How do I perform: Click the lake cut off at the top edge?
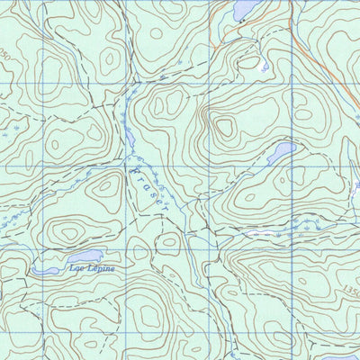tap(244, 9)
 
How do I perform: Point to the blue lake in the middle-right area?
tap(280, 152)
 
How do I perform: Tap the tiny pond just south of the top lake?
tap(263, 67)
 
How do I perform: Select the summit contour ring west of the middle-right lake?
tap(224, 127)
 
